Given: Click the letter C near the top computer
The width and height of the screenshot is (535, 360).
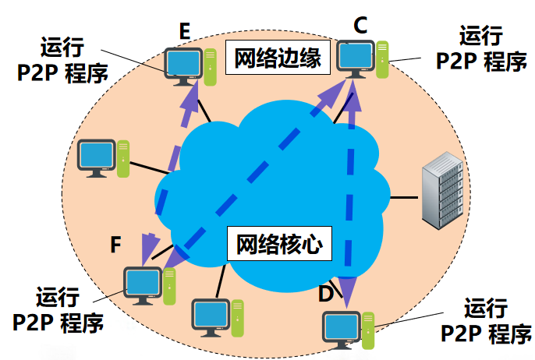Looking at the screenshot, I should pos(360,26).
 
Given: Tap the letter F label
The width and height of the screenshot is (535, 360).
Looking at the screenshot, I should pos(115,245).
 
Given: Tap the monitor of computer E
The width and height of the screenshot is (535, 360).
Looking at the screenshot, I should pos(184,62).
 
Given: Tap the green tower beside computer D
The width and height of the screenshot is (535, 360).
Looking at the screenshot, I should pos(367,329).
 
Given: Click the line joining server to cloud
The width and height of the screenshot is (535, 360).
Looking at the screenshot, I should pos(404,197).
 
